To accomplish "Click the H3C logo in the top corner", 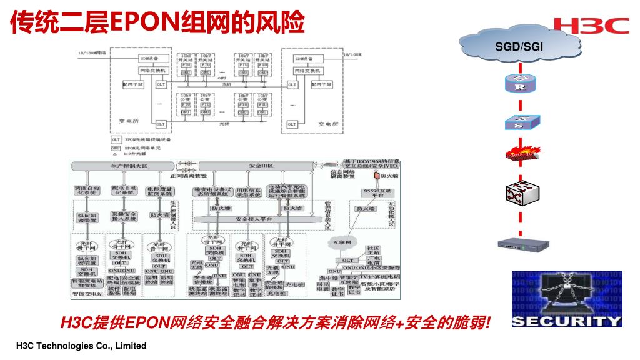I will (x=591, y=25).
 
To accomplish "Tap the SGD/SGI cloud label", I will (x=520, y=46).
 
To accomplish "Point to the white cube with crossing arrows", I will (x=518, y=194).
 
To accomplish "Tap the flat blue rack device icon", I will (x=519, y=245).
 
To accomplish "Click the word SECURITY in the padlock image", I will (x=567, y=321).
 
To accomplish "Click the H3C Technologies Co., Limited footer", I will (x=81, y=346).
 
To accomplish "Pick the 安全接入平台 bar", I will (x=253, y=219).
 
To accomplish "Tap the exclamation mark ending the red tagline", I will (x=487, y=323).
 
